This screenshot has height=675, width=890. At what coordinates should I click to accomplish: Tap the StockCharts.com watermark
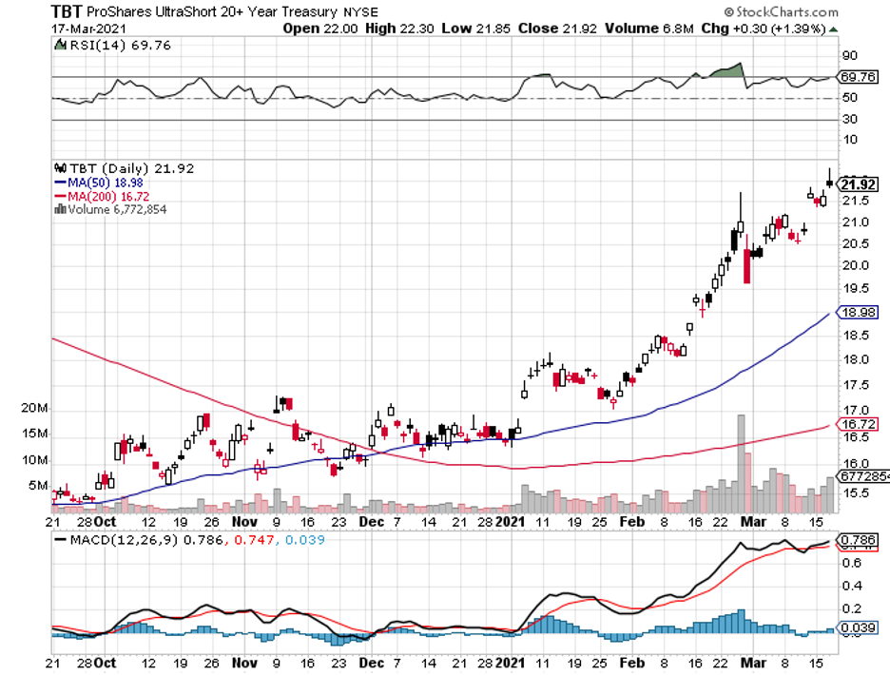(x=782, y=12)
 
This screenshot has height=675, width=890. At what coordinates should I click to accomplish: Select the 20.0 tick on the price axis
(x=852, y=266)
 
